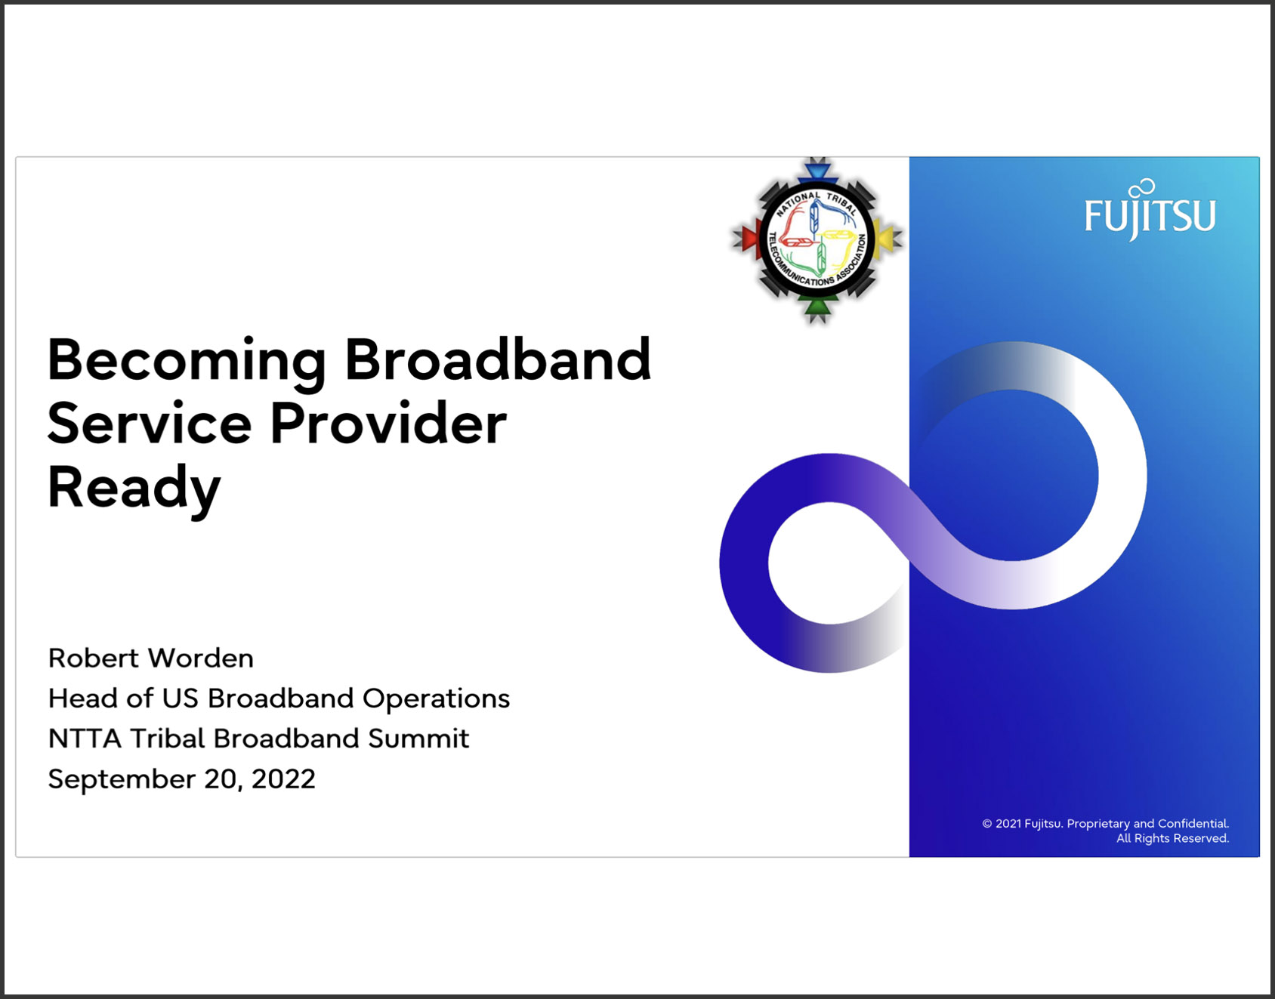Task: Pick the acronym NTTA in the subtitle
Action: click(x=85, y=738)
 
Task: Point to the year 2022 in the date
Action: click(x=283, y=779)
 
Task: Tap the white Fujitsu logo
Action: click(x=1150, y=211)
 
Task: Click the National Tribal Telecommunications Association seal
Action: click(x=817, y=240)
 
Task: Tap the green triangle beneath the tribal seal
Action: click(x=817, y=307)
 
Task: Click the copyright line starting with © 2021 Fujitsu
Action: click(x=1105, y=824)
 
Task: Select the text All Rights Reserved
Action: click(x=1173, y=838)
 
